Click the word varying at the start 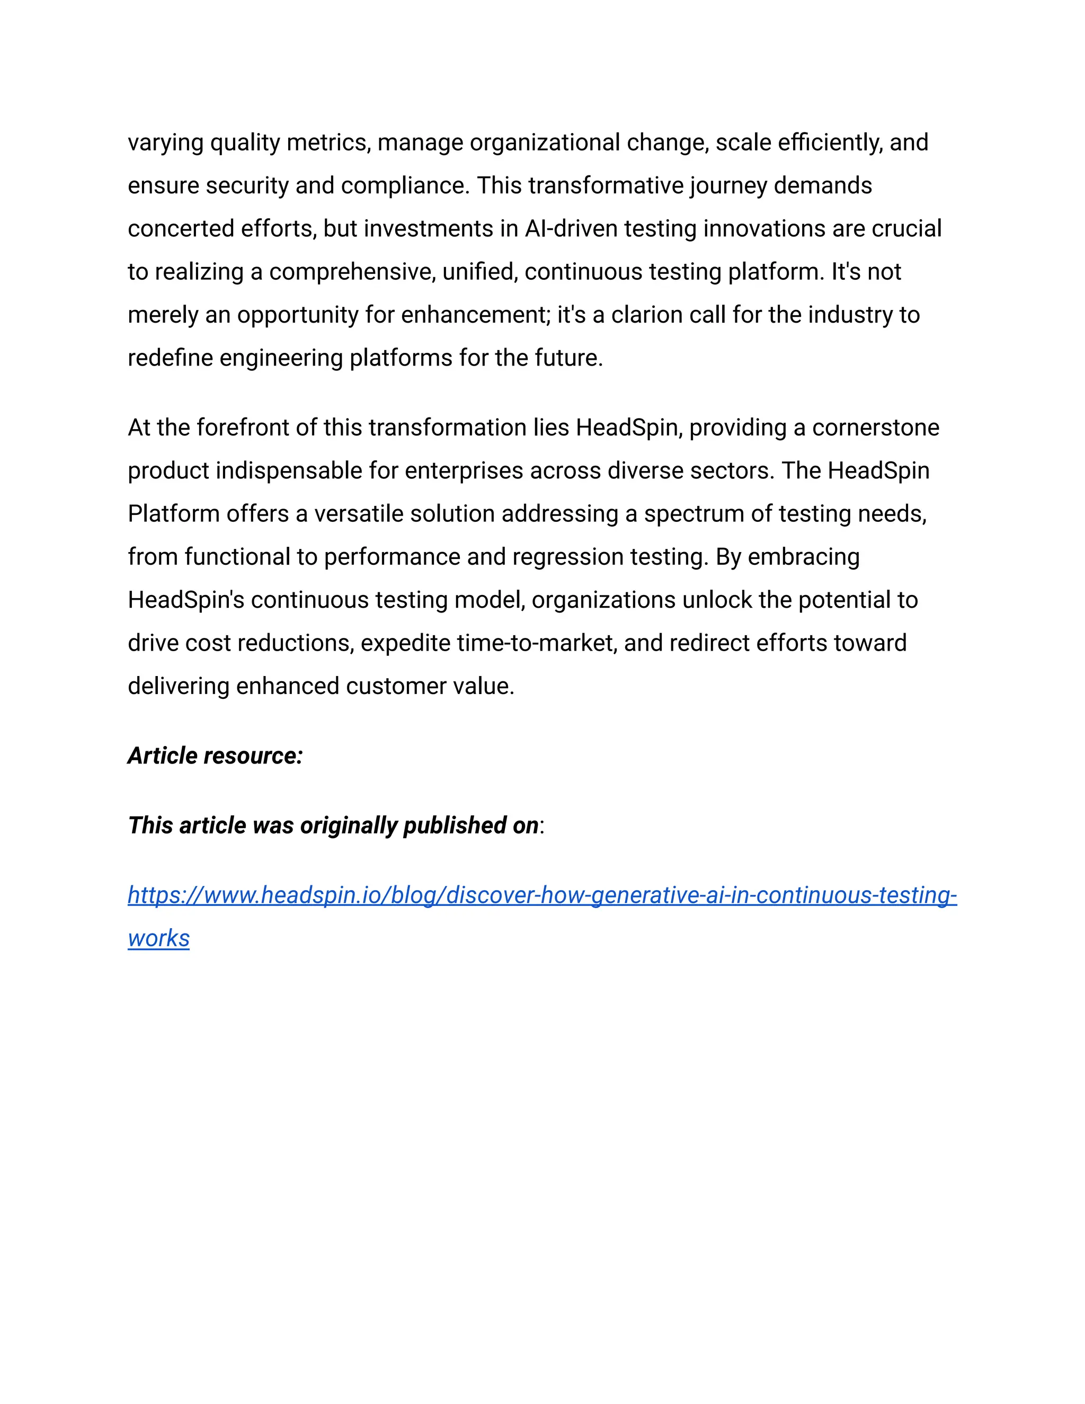(166, 143)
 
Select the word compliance (405, 186)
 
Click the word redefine (171, 358)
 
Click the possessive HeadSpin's (186, 600)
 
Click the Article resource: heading (215, 756)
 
